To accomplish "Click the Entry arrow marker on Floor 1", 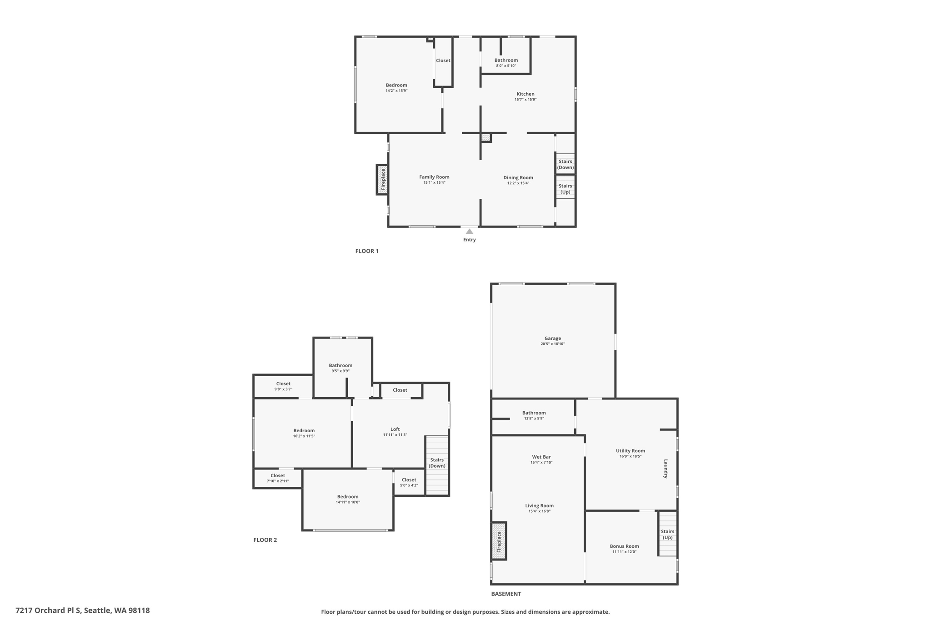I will tap(469, 232).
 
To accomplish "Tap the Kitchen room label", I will tap(525, 94).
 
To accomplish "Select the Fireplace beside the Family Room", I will tap(382, 180).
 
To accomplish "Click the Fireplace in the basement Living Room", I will tap(499, 541).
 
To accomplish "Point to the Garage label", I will tap(552, 338).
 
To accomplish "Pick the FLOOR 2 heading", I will tap(265, 540).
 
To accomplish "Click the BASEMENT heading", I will tap(506, 594).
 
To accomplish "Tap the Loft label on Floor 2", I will tap(395, 429).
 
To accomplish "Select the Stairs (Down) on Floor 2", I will tap(437, 463).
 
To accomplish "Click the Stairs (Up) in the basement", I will tap(667, 535).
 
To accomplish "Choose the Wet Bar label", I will tap(541, 457).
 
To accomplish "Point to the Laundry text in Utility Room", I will tap(666, 469).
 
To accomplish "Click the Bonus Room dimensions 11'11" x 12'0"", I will tap(624, 552).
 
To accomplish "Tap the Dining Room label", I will tap(518, 178).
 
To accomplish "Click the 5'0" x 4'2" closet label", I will tap(409, 485).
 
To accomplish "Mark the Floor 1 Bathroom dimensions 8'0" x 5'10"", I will tap(506, 66).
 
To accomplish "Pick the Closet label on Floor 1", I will tap(443, 61).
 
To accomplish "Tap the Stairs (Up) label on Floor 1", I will tap(565, 189).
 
